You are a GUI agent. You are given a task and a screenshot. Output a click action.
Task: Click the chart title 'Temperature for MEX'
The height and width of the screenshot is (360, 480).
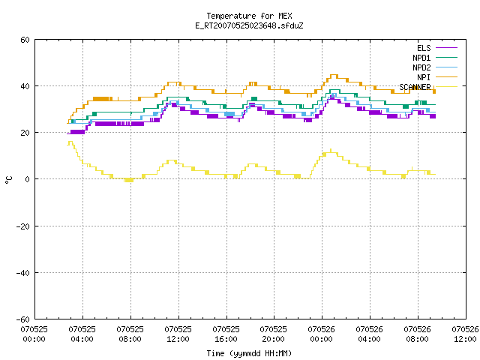click(x=249, y=16)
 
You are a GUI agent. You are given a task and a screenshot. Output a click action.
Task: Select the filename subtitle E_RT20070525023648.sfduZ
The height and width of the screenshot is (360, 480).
click(x=249, y=25)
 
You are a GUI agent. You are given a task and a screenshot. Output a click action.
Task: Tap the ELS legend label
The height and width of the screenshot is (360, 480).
click(x=424, y=48)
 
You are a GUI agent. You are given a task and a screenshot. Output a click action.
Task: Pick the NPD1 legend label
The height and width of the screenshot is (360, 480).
click(x=421, y=58)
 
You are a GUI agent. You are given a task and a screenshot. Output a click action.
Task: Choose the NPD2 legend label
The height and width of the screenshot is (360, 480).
click(x=421, y=67)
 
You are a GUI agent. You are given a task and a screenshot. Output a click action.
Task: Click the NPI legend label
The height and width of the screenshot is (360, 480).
click(x=424, y=77)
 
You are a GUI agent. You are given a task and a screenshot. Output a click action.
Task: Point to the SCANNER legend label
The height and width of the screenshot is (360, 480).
click(x=415, y=87)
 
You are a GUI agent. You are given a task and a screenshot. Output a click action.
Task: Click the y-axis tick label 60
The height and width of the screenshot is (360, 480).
click(x=25, y=40)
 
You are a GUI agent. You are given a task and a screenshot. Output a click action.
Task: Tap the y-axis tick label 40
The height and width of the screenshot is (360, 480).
click(x=25, y=86)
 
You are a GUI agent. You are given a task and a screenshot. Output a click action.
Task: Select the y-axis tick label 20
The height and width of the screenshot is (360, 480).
click(x=25, y=133)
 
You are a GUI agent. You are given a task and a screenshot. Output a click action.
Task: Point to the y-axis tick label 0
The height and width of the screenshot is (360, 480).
click(x=28, y=179)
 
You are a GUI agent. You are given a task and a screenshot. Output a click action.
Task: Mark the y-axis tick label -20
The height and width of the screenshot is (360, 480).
click(x=23, y=226)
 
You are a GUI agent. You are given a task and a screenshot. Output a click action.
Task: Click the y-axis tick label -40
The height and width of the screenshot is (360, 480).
click(x=23, y=273)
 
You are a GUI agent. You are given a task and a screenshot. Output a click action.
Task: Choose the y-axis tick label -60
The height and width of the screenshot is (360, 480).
click(x=23, y=319)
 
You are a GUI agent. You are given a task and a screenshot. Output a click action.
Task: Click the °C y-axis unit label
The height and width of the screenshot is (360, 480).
click(x=8, y=180)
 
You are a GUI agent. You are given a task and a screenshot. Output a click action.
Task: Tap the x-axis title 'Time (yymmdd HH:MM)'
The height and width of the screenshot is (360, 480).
click(x=249, y=353)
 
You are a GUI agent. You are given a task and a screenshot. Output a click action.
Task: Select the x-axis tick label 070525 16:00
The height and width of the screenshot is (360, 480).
click(x=226, y=334)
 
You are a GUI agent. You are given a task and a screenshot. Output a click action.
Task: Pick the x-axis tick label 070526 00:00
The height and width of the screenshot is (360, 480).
click(x=321, y=334)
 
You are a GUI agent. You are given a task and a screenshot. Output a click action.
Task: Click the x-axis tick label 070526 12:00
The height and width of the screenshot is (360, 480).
click(x=465, y=334)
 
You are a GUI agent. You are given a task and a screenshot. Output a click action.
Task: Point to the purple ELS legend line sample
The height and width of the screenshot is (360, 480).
click(x=446, y=48)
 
